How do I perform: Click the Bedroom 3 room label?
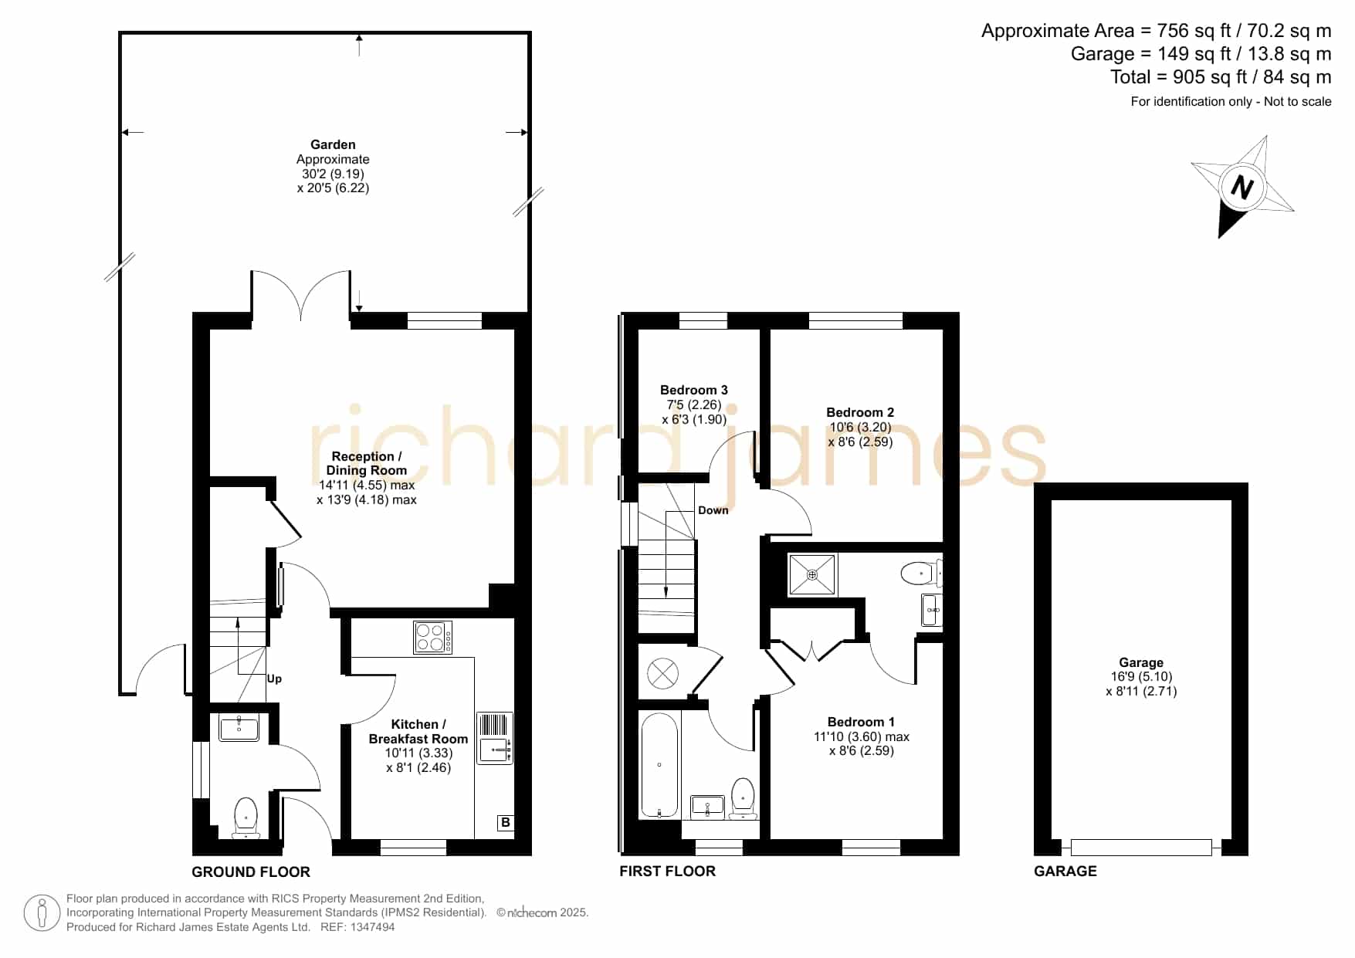click(693, 390)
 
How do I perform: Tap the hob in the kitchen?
click(433, 638)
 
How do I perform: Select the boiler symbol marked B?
click(505, 823)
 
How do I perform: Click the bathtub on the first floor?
click(659, 765)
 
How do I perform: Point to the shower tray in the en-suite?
click(812, 575)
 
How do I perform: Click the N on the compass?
click(1242, 187)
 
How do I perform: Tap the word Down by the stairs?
click(713, 510)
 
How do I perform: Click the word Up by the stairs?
click(274, 679)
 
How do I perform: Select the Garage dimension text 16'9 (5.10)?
click(1141, 677)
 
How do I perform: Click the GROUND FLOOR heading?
click(251, 872)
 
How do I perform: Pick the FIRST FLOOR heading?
click(667, 871)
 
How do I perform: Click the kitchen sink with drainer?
click(494, 738)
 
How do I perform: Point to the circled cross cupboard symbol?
click(662, 673)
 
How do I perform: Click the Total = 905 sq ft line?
click(1221, 77)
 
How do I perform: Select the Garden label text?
click(333, 144)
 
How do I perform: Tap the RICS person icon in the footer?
click(42, 913)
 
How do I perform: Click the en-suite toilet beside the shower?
click(920, 574)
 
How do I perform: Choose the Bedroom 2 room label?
click(860, 412)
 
